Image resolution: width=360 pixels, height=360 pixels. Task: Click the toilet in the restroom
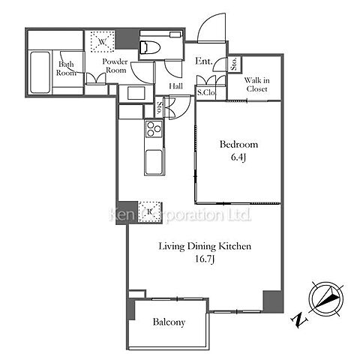(x=150, y=47)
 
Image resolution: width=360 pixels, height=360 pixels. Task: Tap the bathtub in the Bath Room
(x=40, y=72)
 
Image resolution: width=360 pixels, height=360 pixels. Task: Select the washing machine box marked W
(x=102, y=41)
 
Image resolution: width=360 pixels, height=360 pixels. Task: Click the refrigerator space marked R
(x=149, y=211)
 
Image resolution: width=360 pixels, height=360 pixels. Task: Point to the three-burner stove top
(x=154, y=129)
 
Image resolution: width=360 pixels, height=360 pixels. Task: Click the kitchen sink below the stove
(x=154, y=161)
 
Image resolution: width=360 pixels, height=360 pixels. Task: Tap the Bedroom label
(x=238, y=144)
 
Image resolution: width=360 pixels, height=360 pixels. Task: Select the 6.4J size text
(x=238, y=157)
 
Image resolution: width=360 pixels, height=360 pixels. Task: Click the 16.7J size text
(x=205, y=259)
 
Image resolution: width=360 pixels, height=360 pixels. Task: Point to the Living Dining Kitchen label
(x=205, y=246)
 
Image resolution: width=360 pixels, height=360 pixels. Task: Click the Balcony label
(x=169, y=322)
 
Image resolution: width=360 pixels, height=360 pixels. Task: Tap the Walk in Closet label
(x=256, y=85)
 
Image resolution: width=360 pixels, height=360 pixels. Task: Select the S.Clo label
(x=205, y=93)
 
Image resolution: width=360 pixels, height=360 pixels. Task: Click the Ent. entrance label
(x=204, y=61)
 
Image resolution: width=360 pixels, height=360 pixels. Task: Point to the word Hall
(x=176, y=86)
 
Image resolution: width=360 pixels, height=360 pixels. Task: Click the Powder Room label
(x=115, y=66)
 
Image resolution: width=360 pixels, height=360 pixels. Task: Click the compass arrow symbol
(x=327, y=298)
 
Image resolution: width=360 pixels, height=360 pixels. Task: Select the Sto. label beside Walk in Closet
(x=234, y=64)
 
